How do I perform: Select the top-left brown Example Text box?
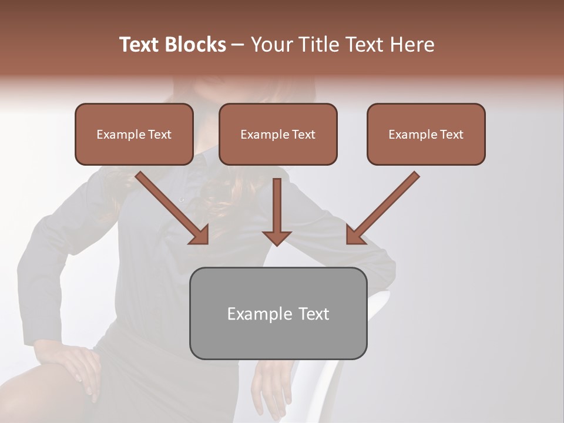pos(134,134)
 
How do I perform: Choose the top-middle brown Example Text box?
pos(278,134)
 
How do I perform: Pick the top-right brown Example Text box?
pos(426,134)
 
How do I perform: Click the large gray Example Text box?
pos(278,313)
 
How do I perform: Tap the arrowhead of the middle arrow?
pos(277,237)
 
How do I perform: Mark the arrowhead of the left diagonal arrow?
pos(200,235)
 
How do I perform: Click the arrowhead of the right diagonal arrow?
pos(355,235)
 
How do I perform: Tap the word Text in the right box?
pos(451,135)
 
